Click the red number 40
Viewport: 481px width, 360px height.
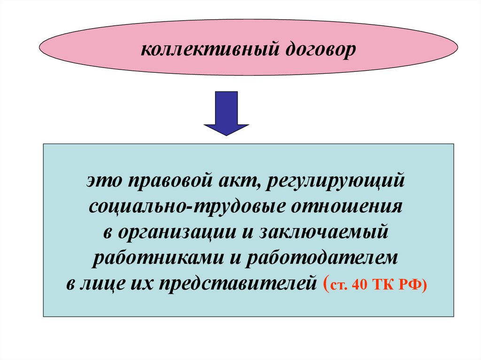(363, 286)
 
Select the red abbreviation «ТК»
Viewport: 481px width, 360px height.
(387, 286)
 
